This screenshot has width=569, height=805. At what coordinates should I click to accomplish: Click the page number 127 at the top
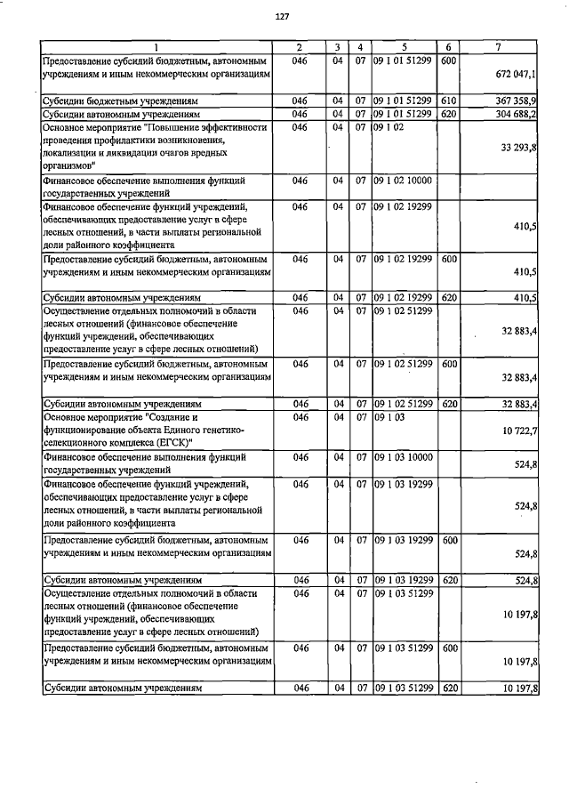pyautogui.click(x=283, y=17)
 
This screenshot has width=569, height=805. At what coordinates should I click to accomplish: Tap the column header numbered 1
pyautogui.click(x=156, y=47)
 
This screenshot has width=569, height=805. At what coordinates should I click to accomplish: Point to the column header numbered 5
pyautogui.click(x=404, y=47)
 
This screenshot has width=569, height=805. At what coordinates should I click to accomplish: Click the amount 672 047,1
pyautogui.click(x=515, y=78)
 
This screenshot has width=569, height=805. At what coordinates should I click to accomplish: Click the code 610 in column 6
pyautogui.click(x=449, y=101)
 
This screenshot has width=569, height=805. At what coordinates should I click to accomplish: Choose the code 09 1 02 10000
pyautogui.click(x=403, y=181)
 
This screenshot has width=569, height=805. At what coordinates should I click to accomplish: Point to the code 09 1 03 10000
pyautogui.click(x=403, y=456)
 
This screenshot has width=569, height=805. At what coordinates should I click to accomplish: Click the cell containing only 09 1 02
pyautogui.click(x=389, y=128)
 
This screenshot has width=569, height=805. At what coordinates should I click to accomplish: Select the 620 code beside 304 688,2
pyautogui.click(x=449, y=115)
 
